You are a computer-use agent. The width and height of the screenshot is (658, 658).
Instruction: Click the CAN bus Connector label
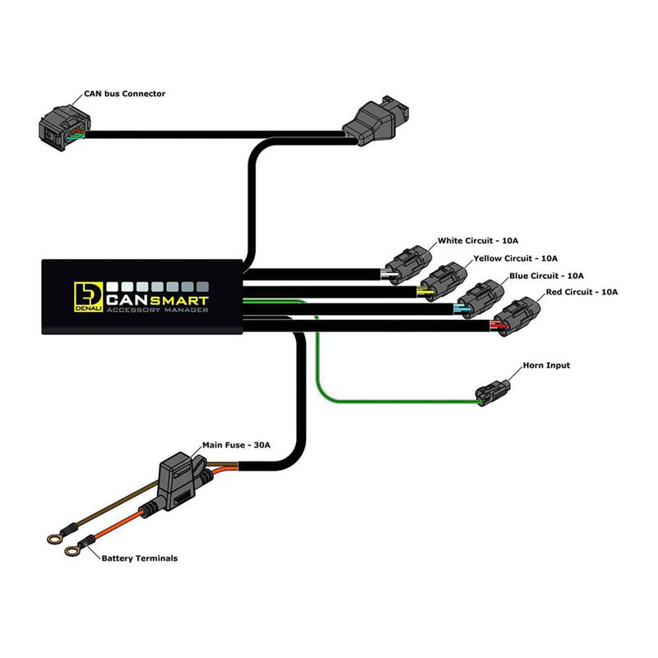point(124,94)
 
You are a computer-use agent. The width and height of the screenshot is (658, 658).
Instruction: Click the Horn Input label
point(546,365)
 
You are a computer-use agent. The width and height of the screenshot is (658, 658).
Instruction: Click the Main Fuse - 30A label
point(236,445)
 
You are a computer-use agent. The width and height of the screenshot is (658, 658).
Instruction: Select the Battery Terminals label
point(139,558)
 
